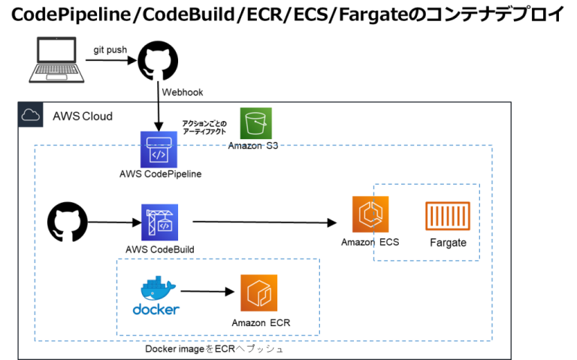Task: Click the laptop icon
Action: click(x=56, y=59)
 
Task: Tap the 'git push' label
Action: click(x=110, y=50)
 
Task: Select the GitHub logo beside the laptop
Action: click(x=158, y=61)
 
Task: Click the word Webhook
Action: click(x=183, y=92)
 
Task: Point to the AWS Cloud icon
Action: click(x=31, y=115)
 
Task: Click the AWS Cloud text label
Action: click(x=83, y=116)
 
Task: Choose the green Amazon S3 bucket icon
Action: click(x=255, y=123)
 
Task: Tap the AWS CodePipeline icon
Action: click(x=159, y=150)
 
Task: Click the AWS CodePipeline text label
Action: click(x=161, y=174)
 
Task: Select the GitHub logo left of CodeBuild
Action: click(x=68, y=222)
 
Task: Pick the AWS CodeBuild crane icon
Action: click(x=160, y=222)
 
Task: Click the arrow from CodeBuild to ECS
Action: click(x=264, y=222)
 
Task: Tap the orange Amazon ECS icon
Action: click(x=370, y=214)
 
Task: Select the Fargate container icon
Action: click(x=448, y=216)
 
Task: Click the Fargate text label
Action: click(x=449, y=243)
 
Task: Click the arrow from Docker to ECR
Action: click(x=207, y=292)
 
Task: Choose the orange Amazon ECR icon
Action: click(x=259, y=293)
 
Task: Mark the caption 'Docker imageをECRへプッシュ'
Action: click(x=214, y=349)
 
